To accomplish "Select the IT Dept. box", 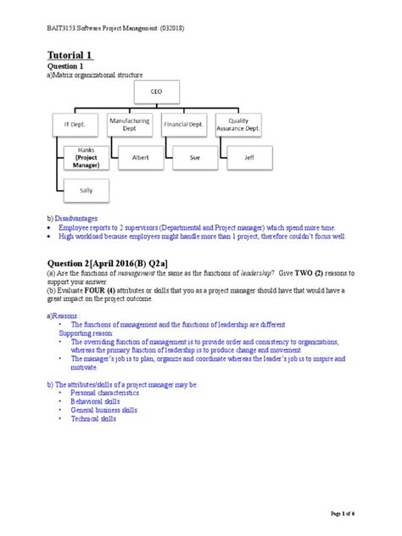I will [75, 124].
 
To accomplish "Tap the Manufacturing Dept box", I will [129, 124].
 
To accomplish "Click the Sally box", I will [86, 191].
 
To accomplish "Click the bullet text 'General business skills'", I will [104, 410].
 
